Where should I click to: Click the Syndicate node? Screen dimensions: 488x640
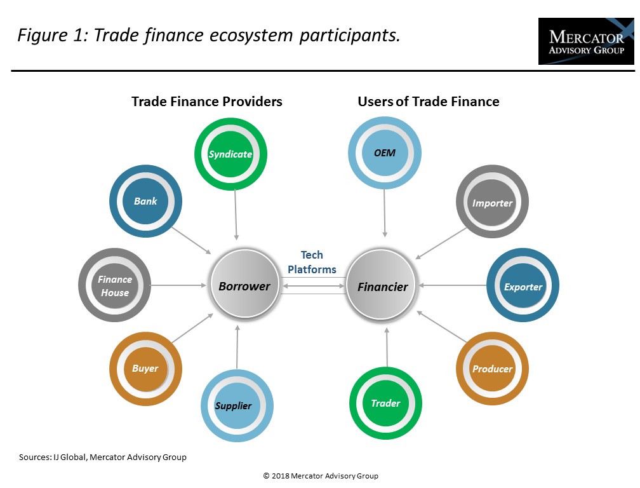click(x=230, y=154)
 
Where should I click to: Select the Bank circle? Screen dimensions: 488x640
click(x=145, y=201)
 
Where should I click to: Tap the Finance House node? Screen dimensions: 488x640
click(x=114, y=286)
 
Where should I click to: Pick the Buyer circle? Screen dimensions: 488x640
click(x=145, y=369)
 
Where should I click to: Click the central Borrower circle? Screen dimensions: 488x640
click(x=244, y=286)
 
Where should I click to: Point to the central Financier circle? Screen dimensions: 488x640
click(x=382, y=286)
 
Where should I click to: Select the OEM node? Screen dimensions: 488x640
click(x=384, y=152)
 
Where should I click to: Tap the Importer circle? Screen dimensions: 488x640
click(x=492, y=203)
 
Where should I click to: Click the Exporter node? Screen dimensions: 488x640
click(x=523, y=287)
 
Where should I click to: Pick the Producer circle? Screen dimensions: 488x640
click(x=492, y=369)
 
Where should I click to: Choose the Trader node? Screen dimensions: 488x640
click(x=385, y=403)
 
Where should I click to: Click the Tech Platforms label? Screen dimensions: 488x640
click(x=312, y=262)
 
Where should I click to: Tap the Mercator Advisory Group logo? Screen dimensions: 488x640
click(x=585, y=41)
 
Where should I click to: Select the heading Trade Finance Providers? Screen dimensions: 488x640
click(x=207, y=102)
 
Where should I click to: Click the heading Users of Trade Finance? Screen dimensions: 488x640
click(x=429, y=102)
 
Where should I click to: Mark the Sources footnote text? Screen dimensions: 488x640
click(x=103, y=457)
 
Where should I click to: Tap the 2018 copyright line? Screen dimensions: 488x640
click(x=321, y=475)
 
